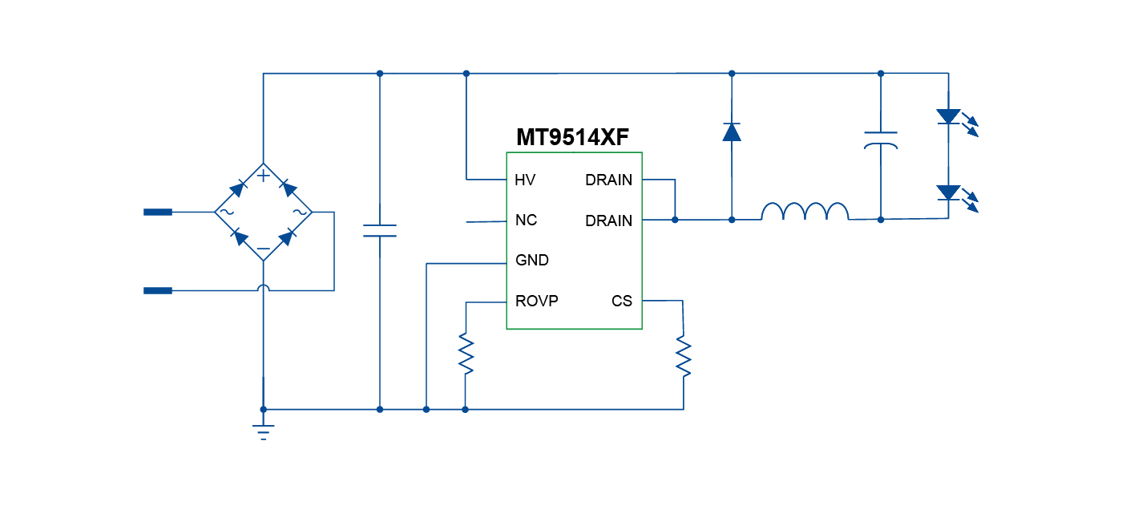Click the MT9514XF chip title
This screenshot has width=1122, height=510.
[571, 137]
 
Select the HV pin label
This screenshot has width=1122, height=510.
[525, 180]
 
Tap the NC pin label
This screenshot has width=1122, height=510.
[526, 221]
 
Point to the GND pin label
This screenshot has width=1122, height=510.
[532, 261]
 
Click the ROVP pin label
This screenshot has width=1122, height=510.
[537, 302]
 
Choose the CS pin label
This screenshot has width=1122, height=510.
[622, 302]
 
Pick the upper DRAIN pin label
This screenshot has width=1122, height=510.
[608, 180]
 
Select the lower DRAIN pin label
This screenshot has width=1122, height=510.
[608, 221]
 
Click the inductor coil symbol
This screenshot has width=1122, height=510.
[804, 212]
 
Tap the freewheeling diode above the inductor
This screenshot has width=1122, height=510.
[732, 132]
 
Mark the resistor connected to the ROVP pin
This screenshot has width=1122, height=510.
[466, 354]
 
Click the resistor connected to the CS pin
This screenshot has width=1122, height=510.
[684, 356]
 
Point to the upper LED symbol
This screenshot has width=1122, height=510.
[949, 117]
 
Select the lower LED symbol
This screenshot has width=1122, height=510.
[949, 193]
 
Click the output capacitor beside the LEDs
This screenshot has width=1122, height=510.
[881, 140]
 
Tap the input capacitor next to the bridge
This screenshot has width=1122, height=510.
[380, 231]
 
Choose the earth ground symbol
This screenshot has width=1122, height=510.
[263, 431]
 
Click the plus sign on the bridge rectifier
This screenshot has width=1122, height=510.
[263, 176]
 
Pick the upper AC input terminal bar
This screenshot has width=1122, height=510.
[158, 212]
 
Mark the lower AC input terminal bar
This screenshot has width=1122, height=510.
[158, 290]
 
